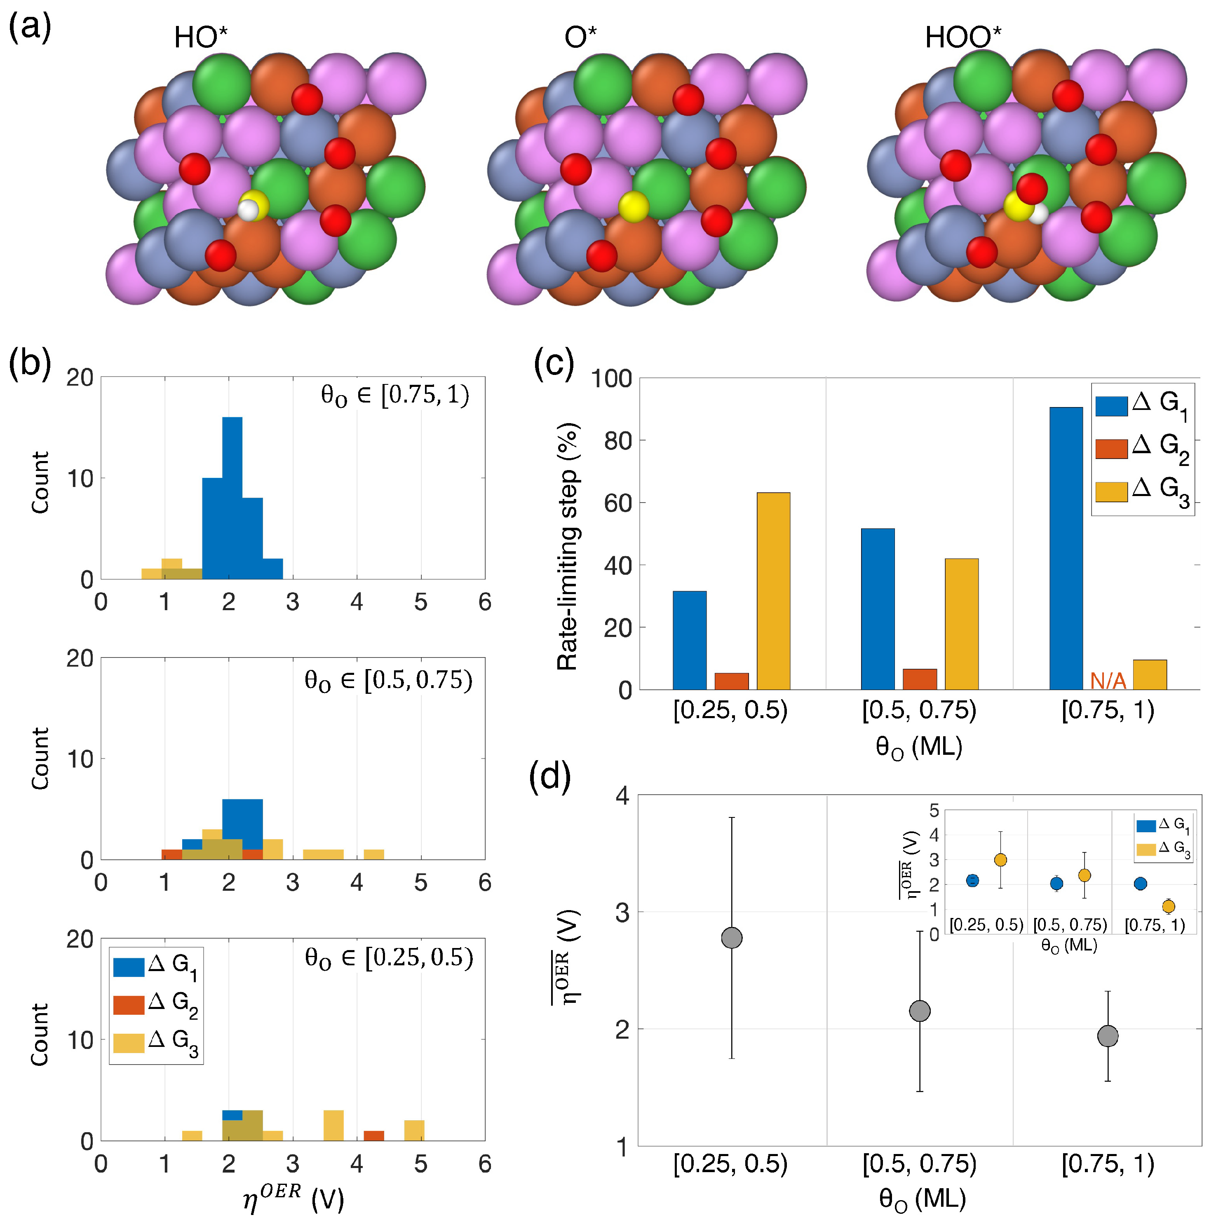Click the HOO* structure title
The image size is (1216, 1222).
pos(962,38)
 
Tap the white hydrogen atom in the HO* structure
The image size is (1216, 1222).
pos(248,210)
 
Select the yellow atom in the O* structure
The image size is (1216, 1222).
pos(633,206)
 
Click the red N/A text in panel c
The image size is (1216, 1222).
pos(1108,681)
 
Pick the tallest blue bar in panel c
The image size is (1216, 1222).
pos(1066,548)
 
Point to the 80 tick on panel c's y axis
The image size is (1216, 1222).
pos(617,441)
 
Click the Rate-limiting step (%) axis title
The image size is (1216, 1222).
pos(567,546)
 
